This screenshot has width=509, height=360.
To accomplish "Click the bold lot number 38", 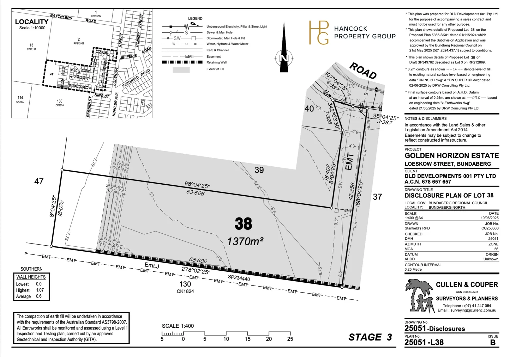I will point(243,224).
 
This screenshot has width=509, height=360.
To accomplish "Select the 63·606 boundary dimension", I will point(195,193).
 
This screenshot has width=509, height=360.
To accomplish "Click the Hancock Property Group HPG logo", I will point(319,33).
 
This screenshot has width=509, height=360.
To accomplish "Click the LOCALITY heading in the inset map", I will point(32,22).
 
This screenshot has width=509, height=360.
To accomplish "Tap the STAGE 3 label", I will point(370,337).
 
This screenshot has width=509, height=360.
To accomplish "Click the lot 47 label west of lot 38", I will point(39,181).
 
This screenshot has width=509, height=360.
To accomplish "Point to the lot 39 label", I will point(259,170).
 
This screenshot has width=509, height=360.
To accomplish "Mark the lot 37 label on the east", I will point(377,197).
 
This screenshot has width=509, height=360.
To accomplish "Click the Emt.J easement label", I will point(152,265).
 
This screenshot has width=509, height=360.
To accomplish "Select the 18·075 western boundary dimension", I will point(61,208).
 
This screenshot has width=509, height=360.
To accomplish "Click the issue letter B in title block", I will point(493,342).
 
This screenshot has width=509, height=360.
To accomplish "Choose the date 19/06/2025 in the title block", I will point(489,218).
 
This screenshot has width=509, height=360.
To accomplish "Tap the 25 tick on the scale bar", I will point(290,339).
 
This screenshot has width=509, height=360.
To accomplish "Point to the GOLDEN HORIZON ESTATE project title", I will point(451,156).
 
